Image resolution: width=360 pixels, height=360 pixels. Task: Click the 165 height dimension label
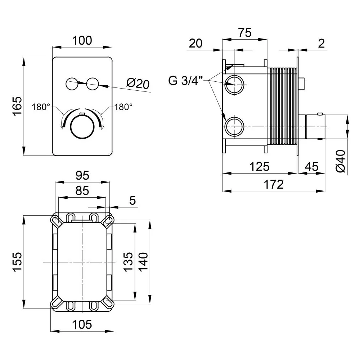click(x=17, y=106)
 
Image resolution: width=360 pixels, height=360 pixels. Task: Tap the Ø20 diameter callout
click(x=138, y=84)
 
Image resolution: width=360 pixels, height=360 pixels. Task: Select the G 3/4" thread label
click(x=186, y=81)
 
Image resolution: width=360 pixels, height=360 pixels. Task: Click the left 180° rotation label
click(x=41, y=107)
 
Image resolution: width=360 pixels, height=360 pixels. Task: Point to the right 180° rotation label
click(x=123, y=107)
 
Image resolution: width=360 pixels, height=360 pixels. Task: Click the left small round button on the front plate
click(x=72, y=84)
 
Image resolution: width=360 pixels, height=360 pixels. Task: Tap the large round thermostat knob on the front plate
click(x=82, y=127)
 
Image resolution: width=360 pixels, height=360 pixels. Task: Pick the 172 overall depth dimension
click(x=274, y=184)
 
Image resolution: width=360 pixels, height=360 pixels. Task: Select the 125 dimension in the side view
click(x=260, y=166)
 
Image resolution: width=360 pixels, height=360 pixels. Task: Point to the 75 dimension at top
click(x=245, y=33)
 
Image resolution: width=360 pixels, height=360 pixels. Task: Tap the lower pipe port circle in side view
click(x=234, y=126)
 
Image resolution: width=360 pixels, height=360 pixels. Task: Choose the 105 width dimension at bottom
click(x=82, y=324)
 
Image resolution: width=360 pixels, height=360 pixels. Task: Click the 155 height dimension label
click(x=17, y=262)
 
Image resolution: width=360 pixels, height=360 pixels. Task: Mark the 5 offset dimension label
click(x=132, y=201)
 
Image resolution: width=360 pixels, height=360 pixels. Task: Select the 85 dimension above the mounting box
click(x=82, y=190)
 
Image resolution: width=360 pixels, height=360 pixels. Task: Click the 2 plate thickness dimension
click(x=321, y=43)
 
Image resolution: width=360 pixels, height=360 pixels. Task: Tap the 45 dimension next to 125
click(x=312, y=166)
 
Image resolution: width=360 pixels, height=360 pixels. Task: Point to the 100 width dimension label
click(x=82, y=40)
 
